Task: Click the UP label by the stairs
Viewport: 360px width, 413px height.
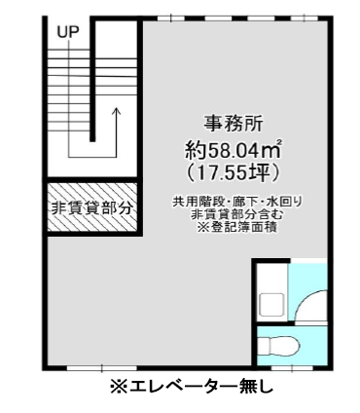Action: (x=68, y=32)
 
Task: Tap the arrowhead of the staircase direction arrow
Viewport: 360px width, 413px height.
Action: (x=116, y=111)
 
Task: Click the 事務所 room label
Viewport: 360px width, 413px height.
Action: (x=233, y=124)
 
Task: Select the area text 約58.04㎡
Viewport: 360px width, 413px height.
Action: (x=233, y=150)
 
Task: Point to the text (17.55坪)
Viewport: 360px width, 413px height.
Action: (x=233, y=173)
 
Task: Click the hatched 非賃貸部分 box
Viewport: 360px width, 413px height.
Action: (x=92, y=207)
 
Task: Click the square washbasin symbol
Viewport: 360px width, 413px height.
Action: (x=271, y=305)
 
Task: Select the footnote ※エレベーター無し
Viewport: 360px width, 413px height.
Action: (x=192, y=387)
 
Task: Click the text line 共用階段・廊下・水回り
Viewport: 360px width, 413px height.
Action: (x=237, y=202)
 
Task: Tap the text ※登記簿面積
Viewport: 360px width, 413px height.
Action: (x=237, y=227)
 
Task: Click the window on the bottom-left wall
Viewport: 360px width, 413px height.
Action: (x=102, y=368)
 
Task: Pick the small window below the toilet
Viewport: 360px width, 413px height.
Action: (x=292, y=368)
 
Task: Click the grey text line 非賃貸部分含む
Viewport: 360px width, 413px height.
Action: (x=237, y=214)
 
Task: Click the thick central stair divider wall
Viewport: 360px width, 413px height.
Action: (x=92, y=80)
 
